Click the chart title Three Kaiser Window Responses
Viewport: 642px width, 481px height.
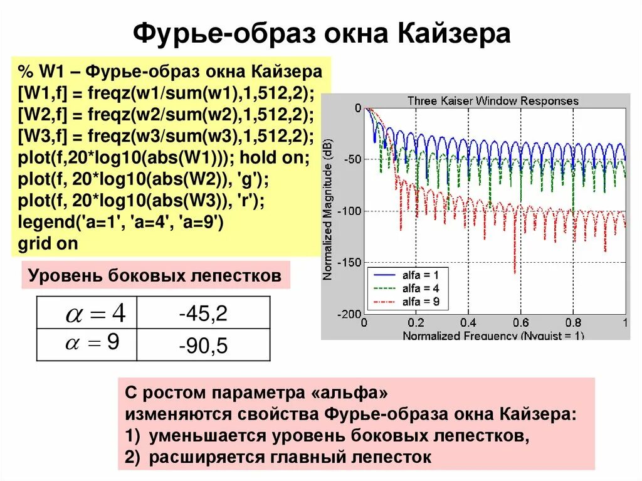click(493, 100)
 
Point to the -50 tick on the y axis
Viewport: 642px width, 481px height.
click(352, 159)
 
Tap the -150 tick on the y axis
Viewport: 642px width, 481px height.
click(349, 262)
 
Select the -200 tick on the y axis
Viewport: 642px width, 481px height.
click(349, 314)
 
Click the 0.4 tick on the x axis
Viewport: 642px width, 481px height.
click(468, 323)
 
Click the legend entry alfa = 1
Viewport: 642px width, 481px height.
click(420, 275)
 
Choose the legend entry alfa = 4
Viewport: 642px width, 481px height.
click(420, 288)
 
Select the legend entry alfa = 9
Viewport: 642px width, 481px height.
click(420, 301)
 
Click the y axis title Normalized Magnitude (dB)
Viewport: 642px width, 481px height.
click(328, 209)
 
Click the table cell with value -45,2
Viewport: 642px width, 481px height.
click(203, 314)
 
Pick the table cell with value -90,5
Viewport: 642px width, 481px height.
click(203, 346)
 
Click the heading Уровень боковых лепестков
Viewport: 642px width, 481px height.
click(155, 275)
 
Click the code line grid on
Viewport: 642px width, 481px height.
click(48, 243)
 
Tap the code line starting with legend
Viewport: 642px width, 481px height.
click(121, 222)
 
